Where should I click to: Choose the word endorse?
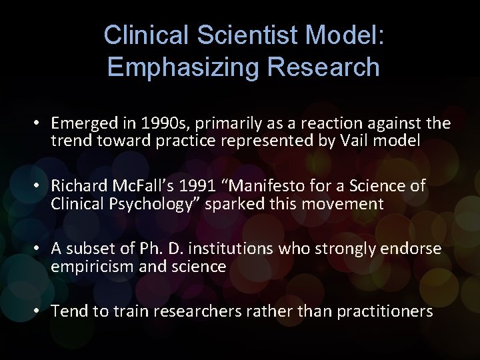click(x=415, y=249)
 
